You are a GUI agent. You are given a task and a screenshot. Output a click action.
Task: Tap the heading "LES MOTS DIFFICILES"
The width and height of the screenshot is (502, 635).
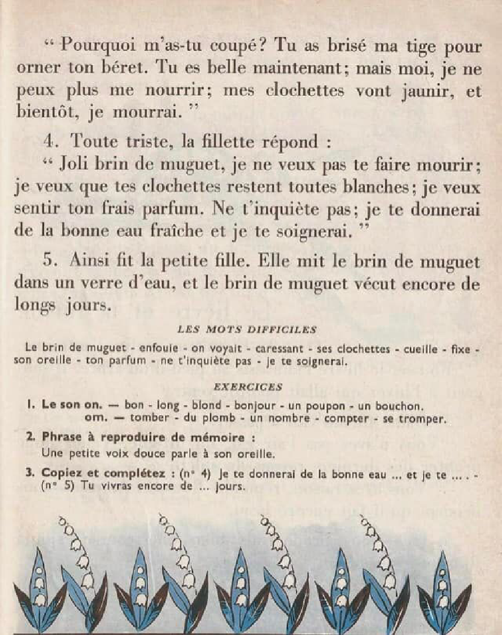tap(247, 329)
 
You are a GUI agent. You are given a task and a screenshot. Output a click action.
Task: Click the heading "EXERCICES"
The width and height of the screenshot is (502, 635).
tap(248, 387)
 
